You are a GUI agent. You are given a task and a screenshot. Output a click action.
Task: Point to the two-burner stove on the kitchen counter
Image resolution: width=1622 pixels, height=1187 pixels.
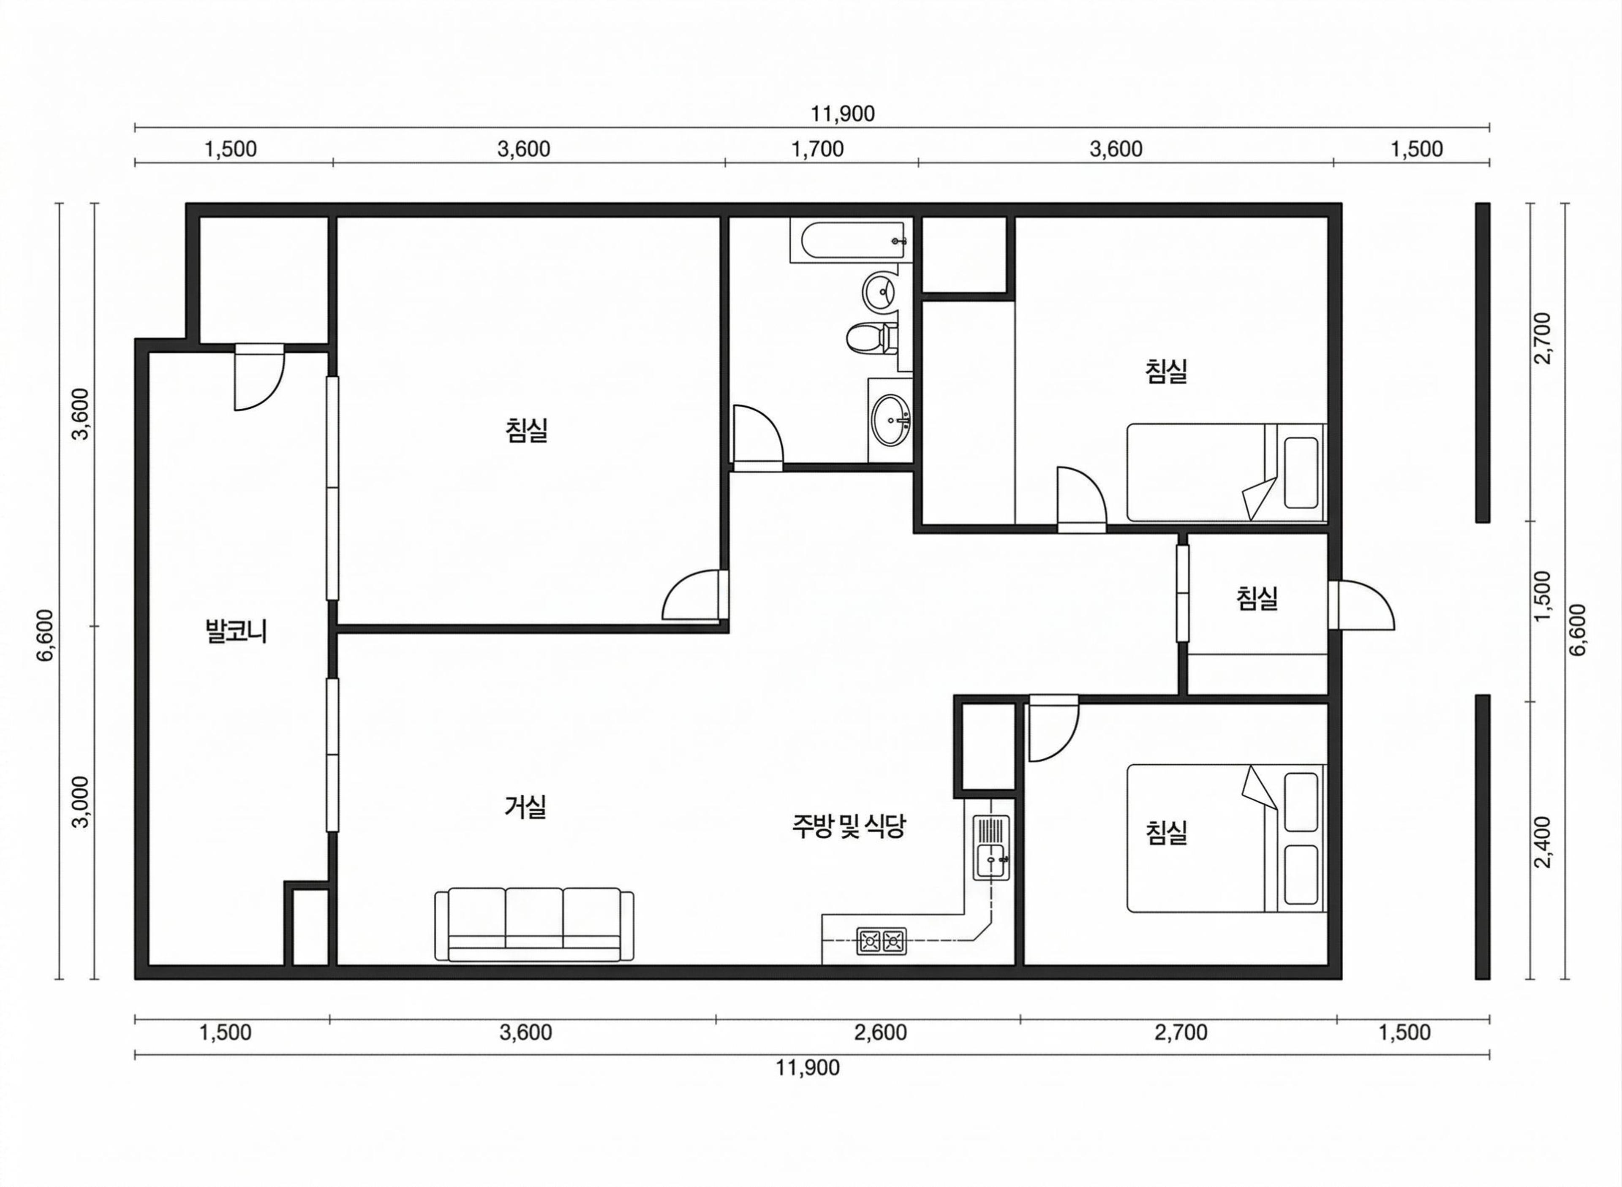click(881, 940)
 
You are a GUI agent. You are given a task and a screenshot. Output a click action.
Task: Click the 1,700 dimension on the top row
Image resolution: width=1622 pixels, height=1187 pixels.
click(818, 149)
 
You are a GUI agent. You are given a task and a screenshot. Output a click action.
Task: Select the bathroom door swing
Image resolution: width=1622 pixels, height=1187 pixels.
click(758, 438)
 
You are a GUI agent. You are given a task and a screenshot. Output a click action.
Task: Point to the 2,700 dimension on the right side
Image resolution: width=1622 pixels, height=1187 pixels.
click(1543, 338)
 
